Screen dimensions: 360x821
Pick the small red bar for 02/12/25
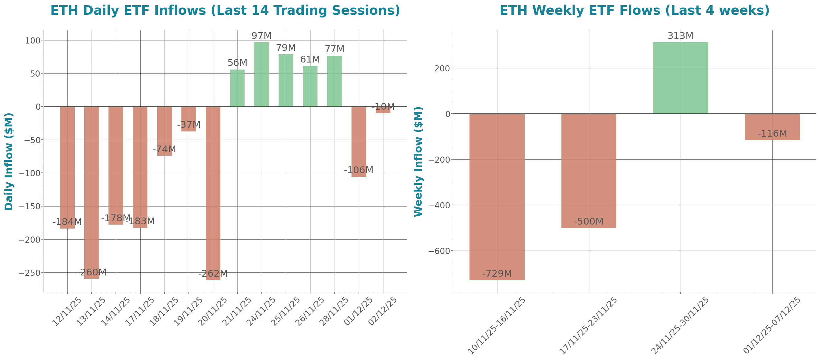tap(383, 110)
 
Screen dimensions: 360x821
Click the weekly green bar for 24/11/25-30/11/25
tap(680, 78)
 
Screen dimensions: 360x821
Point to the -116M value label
tap(772, 134)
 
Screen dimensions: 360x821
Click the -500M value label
tap(588, 222)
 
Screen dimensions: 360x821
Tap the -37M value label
tap(189, 125)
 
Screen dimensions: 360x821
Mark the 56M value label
tap(237, 63)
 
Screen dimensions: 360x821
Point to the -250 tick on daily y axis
tap(30, 273)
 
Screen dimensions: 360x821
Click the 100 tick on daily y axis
tap(33, 40)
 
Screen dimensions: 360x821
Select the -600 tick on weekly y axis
tap(439, 251)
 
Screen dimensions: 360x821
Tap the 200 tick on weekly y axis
tap(442, 69)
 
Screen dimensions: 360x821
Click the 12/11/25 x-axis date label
tap(67, 311)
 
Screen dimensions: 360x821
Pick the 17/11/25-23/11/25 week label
tap(588, 325)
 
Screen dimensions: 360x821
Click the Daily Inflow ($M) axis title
tap(9, 161)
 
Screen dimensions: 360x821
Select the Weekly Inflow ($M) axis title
tap(418, 161)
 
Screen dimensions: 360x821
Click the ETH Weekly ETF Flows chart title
tap(634, 10)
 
